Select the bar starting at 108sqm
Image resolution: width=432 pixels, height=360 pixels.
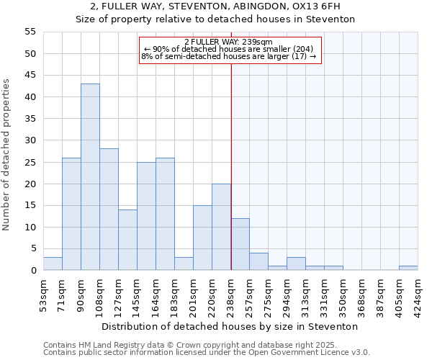pyautogui.click(x=109, y=210)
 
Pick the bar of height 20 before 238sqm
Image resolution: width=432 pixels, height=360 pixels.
pyautogui.click(x=221, y=227)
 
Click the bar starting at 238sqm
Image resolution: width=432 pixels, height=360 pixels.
pyautogui.click(x=240, y=244)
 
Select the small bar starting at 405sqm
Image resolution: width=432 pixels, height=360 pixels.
pyautogui.click(x=408, y=268)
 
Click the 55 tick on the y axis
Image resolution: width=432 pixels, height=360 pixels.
pyautogui.click(x=30, y=32)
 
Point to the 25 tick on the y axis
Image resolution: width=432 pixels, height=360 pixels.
pyautogui.click(x=30, y=162)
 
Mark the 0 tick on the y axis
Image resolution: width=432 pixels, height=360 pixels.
pyautogui.click(x=32, y=271)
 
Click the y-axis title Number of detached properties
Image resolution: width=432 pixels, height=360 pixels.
pyautogui.click(x=7, y=155)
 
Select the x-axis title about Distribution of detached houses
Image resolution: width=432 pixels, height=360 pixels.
pyautogui.click(x=230, y=326)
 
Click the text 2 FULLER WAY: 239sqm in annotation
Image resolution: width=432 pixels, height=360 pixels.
pyautogui.click(x=228, y=42)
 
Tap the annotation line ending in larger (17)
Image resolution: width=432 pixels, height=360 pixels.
pyautogui.click(x=228, y=56)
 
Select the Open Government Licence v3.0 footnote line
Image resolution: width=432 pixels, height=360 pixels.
pyautogui.click(x=207, y=352)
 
